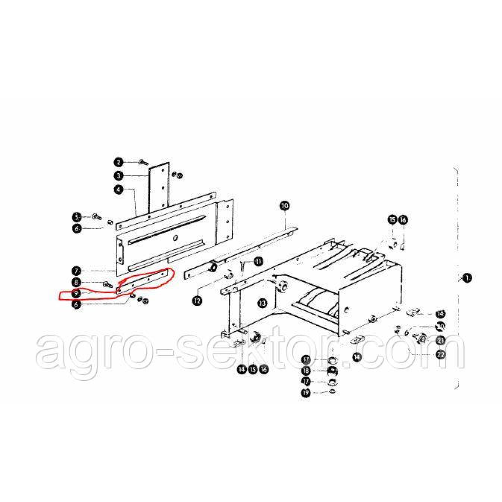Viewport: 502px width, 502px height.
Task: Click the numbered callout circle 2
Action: [x=118, y=162]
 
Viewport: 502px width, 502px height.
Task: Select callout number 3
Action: [x=118, y=176]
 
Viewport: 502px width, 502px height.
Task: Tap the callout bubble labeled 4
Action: [x=118, y=190]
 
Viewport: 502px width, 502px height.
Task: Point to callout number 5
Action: [x=77, y=217]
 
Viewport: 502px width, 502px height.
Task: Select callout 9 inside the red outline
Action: [x=77, y=293]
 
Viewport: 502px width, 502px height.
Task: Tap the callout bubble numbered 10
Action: [x=284, y=205]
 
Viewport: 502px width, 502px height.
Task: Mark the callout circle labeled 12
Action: [x=197, y=300]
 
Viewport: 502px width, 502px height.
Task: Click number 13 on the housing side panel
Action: [x=262, y=303]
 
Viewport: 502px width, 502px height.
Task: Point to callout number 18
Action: [x=306, y=371]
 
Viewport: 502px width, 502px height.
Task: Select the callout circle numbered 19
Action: [x=306, y=393]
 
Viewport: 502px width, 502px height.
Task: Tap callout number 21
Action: [x=441, y=340]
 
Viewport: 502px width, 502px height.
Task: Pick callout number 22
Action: [x=441, y=355]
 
